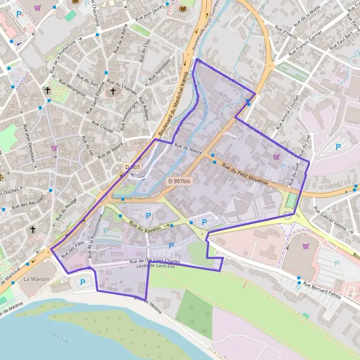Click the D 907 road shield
coord(133,166)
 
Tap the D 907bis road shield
coord(179,181)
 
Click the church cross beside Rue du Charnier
coord(113,91)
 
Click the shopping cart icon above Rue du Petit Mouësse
coord(276,157)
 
